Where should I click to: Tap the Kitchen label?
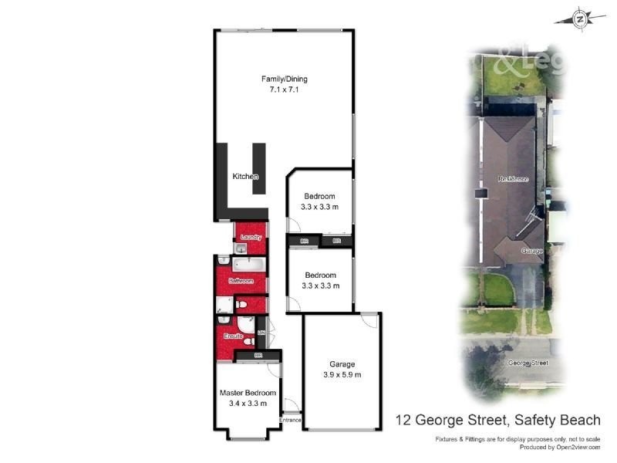pos(245,177)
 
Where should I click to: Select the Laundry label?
pos(251,237)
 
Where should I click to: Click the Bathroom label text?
pos(241,281)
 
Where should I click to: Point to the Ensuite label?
pos(234,336)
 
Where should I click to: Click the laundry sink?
pos(241,248)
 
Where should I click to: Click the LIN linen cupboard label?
pos(261,333)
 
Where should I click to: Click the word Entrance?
pos(291,420)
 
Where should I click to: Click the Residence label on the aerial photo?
pos(513,179)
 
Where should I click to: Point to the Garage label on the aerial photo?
pos(532,251)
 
